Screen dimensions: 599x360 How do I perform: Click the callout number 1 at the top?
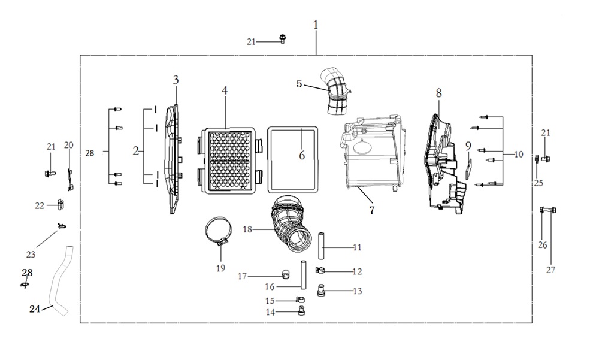coord(316,25)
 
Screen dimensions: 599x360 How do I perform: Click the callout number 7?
coord(372,210)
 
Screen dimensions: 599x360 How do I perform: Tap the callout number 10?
coord(518,155)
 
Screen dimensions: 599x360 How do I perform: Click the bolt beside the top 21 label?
coord(283,38)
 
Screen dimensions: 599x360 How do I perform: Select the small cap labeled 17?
coord(285,273)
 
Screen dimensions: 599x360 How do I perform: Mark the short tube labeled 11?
coord(321,245)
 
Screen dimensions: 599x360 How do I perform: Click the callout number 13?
coord(357,291)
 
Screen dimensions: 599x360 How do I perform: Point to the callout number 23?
coord(31,255)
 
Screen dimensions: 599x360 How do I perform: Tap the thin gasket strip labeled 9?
coord(469,168)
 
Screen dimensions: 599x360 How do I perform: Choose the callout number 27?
coord(550,270)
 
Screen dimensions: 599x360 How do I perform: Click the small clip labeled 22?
coord(60,204)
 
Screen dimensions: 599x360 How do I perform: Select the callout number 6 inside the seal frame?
coord(302,155)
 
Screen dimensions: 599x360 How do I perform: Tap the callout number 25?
coord(539,183)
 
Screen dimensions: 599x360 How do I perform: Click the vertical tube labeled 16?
coord(303,275)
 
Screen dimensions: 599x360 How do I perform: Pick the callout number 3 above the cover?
coord(176,80)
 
